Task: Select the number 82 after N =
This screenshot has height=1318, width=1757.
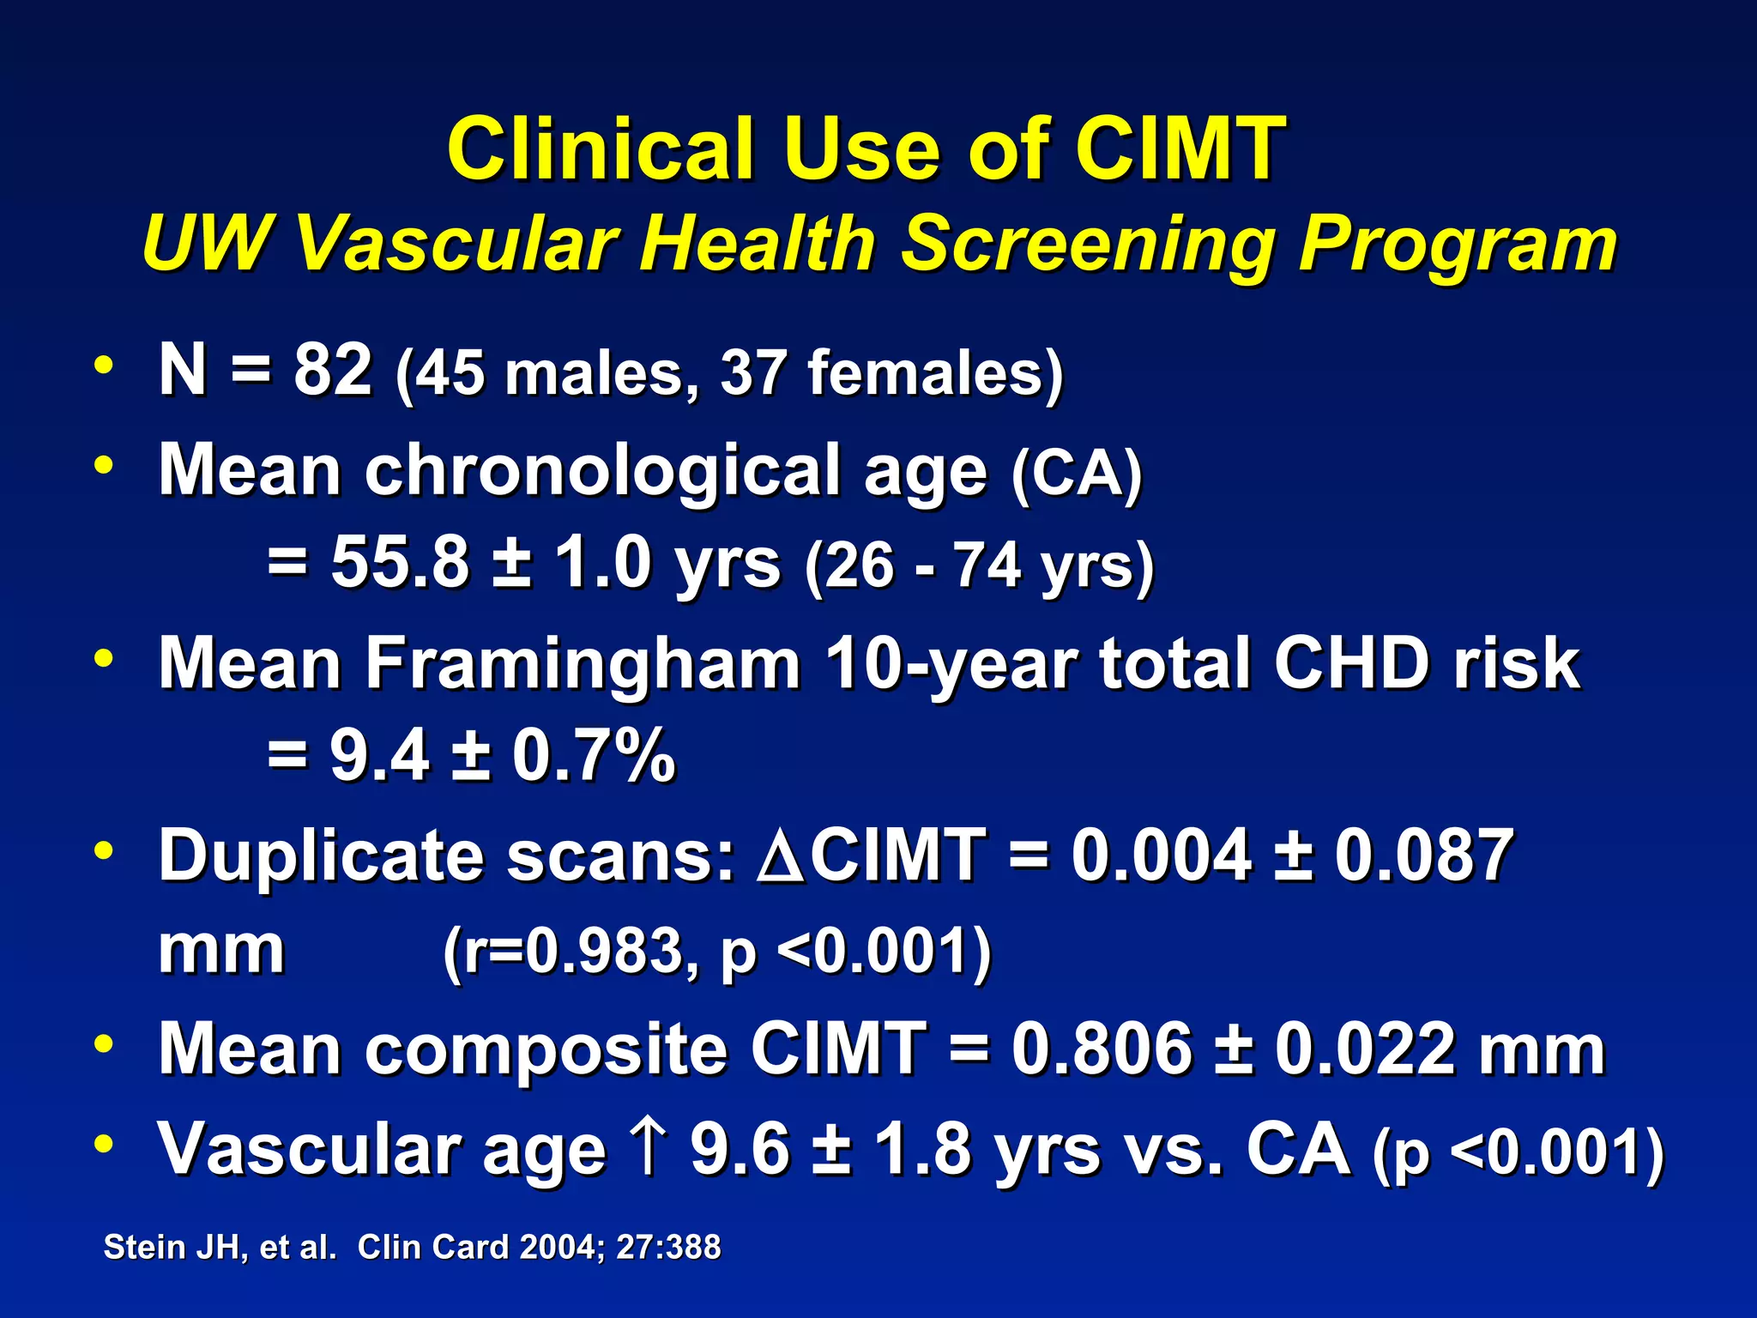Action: click(333, 370)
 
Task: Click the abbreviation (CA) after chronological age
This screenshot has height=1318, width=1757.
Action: click(1077, 473)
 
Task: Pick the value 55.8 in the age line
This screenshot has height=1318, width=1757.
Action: click(401, 563)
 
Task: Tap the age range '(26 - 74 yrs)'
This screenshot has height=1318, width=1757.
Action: click(979, 566)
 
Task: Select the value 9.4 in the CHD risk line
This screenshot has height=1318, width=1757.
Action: click(379, 756)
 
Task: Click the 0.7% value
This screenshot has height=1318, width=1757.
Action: click(594, 756)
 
